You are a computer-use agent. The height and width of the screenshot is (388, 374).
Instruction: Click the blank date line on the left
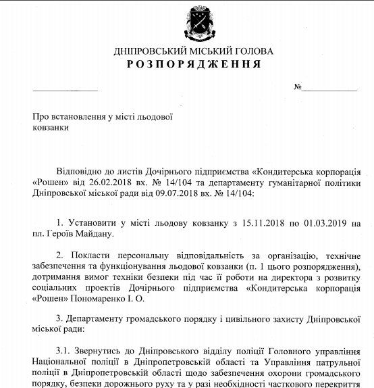coord(65,89)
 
